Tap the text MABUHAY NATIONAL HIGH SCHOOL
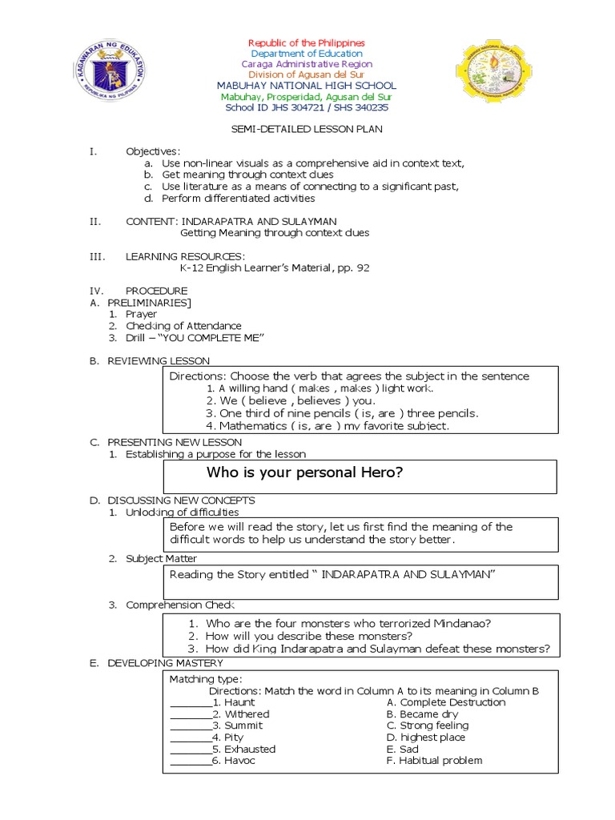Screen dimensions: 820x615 pyautogui.click(x=307, y=86)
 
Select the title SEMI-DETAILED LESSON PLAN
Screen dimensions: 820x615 pyautogui.click(x=307, y=128)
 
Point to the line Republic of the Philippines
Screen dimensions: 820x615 pyautogui.click(x=307, y=42)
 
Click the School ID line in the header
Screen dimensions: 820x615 pyautogui.click(x=307, y=107)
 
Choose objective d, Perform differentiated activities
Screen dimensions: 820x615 pyautogui.click(x=238, y=198)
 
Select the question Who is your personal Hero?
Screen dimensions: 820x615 pyautogui.click(x=304, y=472)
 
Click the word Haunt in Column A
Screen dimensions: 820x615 pyautogui.click(x=239, y=702)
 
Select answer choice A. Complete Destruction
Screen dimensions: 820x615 pyautogui.click(x=445, y=702)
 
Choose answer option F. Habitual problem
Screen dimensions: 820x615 pyautogui.click(x=434, y=761)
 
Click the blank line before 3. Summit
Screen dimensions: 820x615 pyautogui.click(x=191, y=727)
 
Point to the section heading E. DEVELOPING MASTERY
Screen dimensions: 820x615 pyautogui.click(x=156, y=663)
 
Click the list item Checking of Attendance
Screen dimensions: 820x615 pyautogui.click(x=183, y=326)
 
